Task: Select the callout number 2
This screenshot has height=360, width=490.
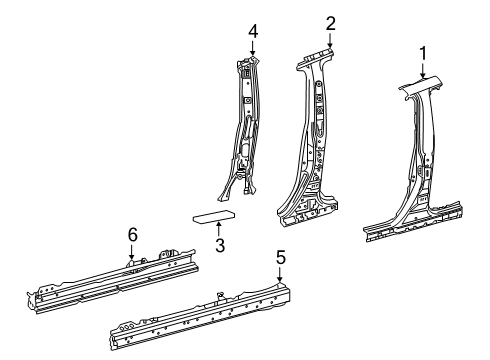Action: (x=330, y=23)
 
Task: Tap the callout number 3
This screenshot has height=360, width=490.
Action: (x=218, y=245)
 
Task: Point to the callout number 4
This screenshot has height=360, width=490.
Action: (x=253, y=31)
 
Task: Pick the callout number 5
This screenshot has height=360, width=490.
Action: (x=281, y=257)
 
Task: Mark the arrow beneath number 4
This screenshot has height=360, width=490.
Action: (x=253, y=49)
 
